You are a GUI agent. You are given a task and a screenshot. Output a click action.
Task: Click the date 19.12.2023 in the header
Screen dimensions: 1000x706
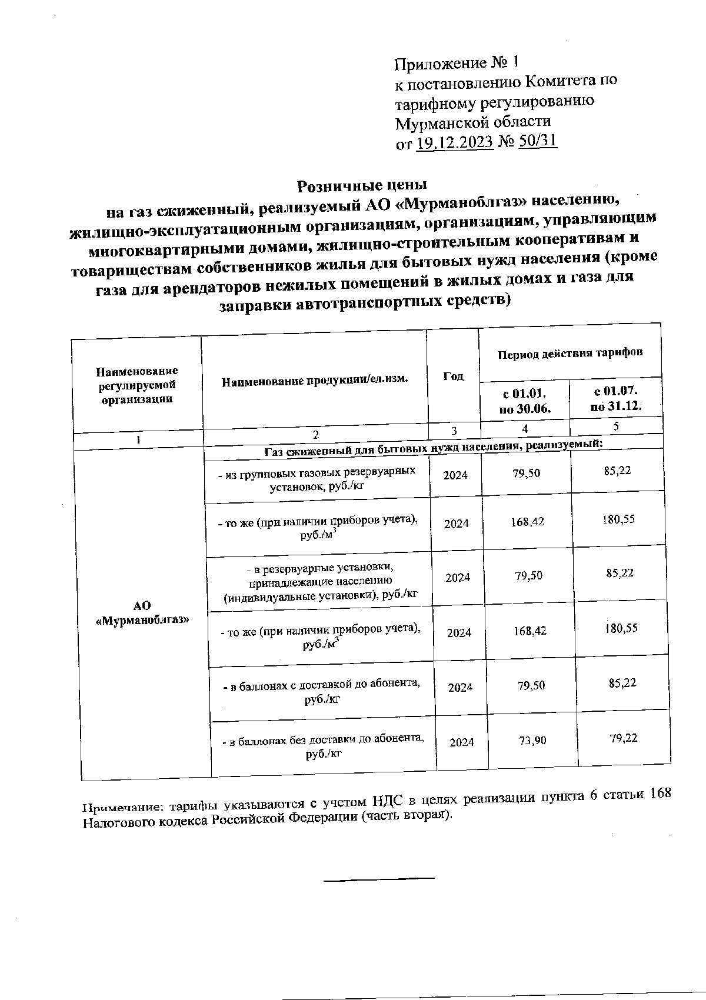click(x=454, y=142)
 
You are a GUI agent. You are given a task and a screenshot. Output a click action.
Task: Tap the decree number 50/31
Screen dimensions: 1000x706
click(x=538, y=141)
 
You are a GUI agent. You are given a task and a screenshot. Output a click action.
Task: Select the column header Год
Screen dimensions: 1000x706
click(x=452, y=375)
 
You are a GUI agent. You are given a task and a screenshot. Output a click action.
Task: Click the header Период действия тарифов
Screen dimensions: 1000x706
click(x=570, y=353)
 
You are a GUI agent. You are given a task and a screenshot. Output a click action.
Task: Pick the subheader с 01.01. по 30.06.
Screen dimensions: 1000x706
click(x=524, y=400)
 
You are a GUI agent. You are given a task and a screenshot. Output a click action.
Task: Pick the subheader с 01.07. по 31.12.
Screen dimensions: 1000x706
click(x=616, y=398)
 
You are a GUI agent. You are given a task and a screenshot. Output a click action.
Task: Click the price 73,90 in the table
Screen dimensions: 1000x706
click(x=532, y=740)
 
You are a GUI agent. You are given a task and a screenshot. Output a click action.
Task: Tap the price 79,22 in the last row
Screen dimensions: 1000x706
click(x=624, y=738)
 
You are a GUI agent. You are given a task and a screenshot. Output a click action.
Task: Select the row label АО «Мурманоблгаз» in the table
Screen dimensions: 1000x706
click(x=142, y=612)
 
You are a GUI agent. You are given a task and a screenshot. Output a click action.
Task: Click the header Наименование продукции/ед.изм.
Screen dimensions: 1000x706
click(x=314, y=380)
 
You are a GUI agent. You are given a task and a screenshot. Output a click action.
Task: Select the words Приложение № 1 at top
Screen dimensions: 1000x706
click(x=457, y=62)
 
